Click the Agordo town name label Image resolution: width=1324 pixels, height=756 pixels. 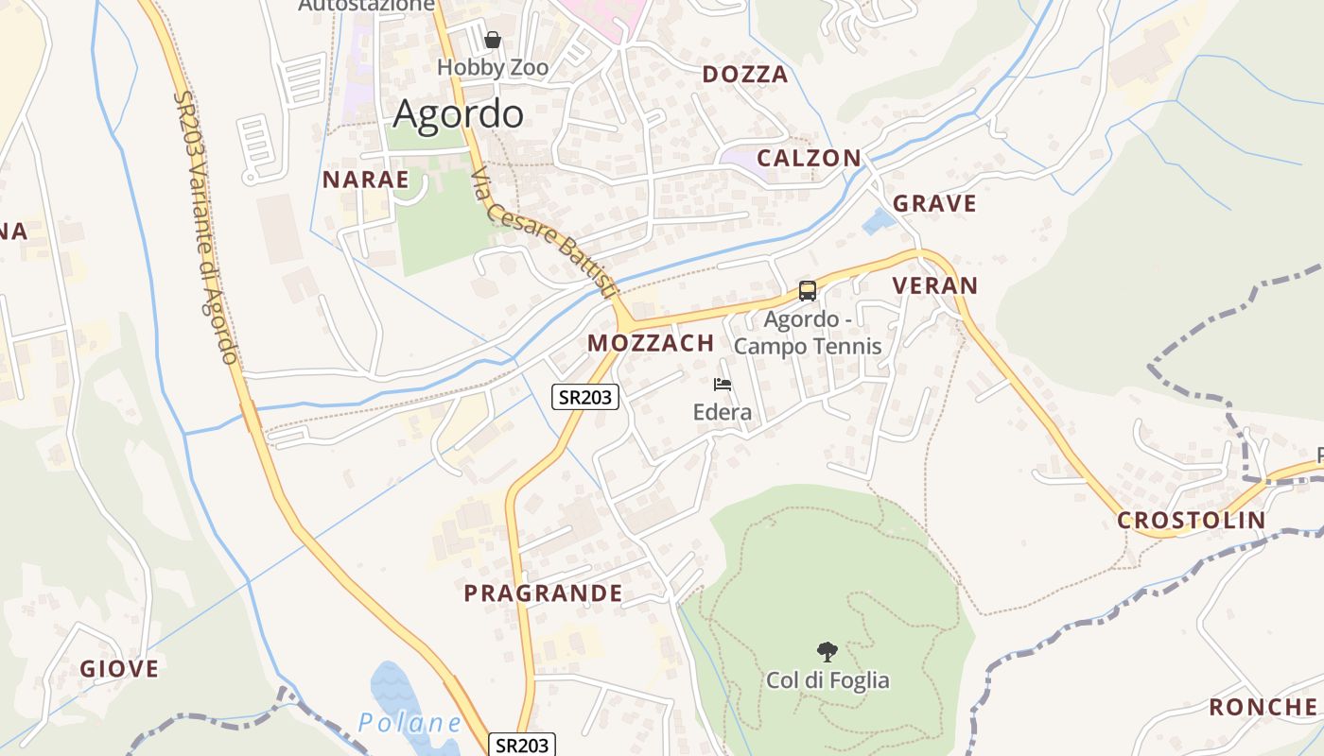point(458,114)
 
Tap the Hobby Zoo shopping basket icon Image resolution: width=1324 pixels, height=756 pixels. point(493,40)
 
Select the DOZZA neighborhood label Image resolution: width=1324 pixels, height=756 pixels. point(745,75)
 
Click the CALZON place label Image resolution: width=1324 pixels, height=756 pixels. point(810,158)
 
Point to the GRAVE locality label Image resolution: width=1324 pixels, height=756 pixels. point(934,203)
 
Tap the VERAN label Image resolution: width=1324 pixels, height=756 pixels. point(935,285)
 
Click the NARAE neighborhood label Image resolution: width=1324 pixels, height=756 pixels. point(366,180)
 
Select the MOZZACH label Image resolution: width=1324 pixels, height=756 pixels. point(651,343)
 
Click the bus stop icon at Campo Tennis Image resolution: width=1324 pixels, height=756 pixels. point(808,291)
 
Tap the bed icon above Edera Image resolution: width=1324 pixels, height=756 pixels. point(723,385)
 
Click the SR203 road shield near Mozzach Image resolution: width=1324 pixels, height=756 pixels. point(585,397)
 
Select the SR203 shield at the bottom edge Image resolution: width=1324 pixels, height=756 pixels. point(520,745)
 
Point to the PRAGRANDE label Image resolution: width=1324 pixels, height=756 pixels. point(543,593)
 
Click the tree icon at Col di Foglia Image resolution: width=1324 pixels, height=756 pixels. point(827,651)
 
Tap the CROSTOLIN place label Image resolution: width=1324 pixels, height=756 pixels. point(1191,520)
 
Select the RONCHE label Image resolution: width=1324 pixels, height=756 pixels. point(1263,707)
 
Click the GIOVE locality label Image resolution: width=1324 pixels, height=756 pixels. point(119,669)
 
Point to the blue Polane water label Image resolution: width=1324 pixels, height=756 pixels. point(409,723)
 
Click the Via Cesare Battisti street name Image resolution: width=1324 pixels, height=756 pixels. point(543,234)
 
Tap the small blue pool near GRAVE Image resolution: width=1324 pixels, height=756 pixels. point(879,222)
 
